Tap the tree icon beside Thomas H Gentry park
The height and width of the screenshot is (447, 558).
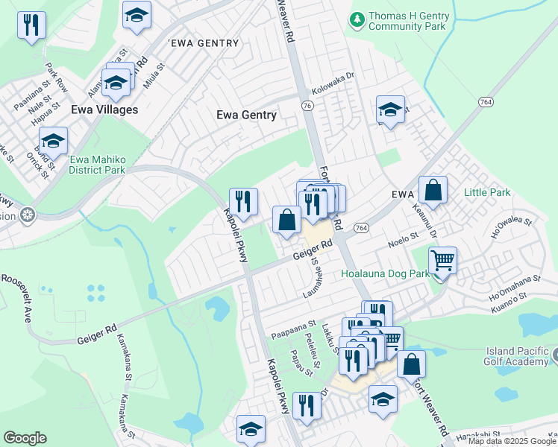point(358,16)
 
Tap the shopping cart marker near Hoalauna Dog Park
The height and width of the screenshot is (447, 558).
point(443,262)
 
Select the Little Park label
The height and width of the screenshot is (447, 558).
point(487,192)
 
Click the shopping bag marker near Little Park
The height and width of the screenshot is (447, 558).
point(433,191)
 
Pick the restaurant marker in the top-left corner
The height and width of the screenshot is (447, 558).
point(31,26)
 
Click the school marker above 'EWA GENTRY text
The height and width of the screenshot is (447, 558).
point(137,16)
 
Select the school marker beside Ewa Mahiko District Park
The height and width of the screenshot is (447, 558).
point(53,142)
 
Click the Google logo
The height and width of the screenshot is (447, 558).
point(25,438)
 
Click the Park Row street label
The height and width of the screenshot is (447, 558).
point(56,77)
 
